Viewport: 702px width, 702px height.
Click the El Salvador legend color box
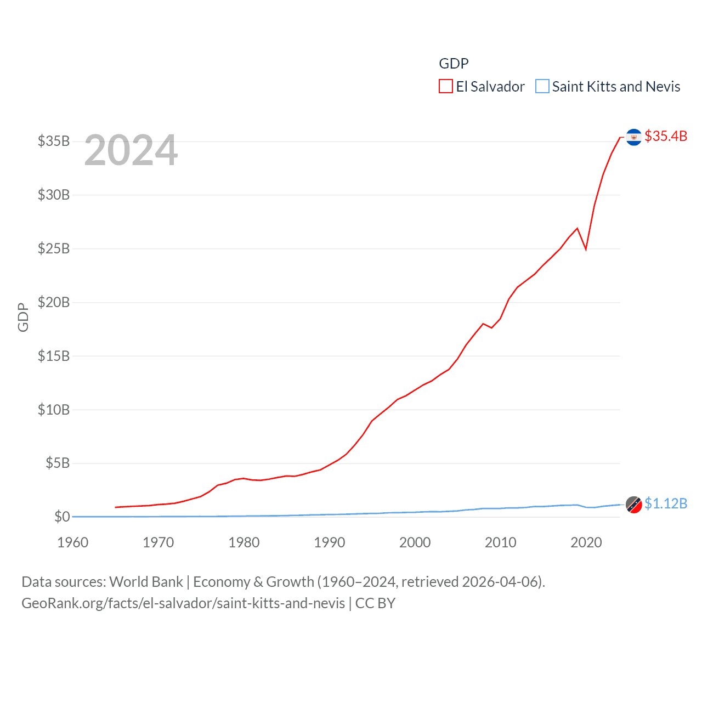point(445,87)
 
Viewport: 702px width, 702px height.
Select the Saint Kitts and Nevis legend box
point(542,87)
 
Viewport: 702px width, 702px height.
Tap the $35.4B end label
point(666,136)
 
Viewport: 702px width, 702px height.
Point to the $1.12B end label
point(666,503)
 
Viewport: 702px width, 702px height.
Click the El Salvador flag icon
point(633,137)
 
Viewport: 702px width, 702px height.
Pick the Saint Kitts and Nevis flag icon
point(633,505)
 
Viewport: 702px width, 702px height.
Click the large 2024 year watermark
point(131,150)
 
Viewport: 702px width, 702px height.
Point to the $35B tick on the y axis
point(54,141)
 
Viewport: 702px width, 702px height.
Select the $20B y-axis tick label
point(54,302)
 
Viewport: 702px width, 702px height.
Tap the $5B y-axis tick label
point(57,463)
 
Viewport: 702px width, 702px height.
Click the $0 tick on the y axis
point(62,517)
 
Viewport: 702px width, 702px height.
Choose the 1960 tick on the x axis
point(73,542)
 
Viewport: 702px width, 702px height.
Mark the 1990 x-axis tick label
point(330,542)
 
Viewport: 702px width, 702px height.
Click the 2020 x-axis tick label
point(586,542)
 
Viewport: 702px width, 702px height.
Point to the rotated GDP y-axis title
point(23,317)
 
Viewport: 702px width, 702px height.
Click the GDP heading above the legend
point(454,64)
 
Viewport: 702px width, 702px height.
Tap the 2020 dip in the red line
point(586,249)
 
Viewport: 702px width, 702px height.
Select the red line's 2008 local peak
point(483,324)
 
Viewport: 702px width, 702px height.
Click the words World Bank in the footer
point(146,581)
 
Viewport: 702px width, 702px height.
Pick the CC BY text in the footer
point(375,603)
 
